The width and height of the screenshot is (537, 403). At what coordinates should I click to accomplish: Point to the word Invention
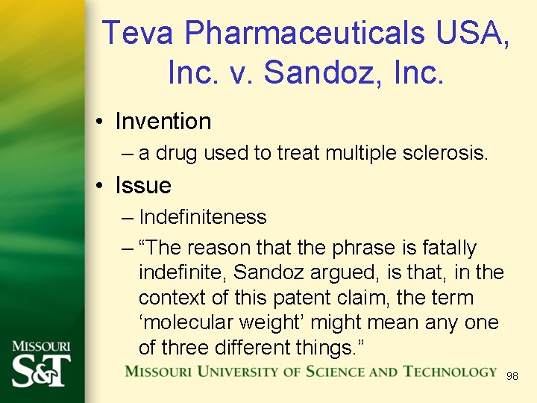tap(163, 121)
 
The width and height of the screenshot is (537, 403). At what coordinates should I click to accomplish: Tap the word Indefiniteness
tap(202, 217)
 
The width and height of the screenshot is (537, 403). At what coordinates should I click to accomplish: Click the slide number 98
tap(512, 376)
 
